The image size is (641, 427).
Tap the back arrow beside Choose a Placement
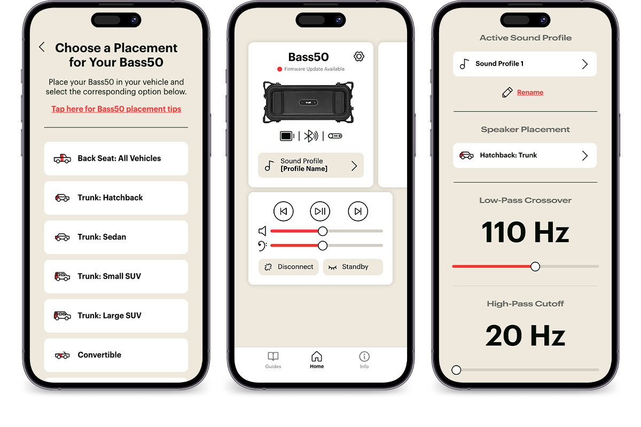(42, 47)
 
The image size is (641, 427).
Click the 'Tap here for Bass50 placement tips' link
(116, 109)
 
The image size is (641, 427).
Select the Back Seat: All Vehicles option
(116, 159)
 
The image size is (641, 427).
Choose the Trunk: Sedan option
(116, 237)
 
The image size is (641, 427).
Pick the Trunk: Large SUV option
(116, 316)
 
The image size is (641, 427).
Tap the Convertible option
(116, 355)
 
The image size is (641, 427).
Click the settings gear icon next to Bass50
(359, 57)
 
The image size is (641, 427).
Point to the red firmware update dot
(279, 69)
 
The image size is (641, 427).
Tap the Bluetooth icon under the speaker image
(311, 136)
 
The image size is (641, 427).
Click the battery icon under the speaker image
(287, 136)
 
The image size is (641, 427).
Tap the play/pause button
(320, 211)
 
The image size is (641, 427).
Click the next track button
(358, 211)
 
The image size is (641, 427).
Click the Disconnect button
(288, 267)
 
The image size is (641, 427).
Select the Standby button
(353, 267)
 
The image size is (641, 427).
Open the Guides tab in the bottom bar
(273, 360)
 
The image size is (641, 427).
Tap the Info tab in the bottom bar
(364, 360)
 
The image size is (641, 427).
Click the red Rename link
(530, 92)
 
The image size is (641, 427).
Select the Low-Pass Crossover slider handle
(535, 266)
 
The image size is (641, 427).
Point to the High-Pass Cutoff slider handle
(456, 370)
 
